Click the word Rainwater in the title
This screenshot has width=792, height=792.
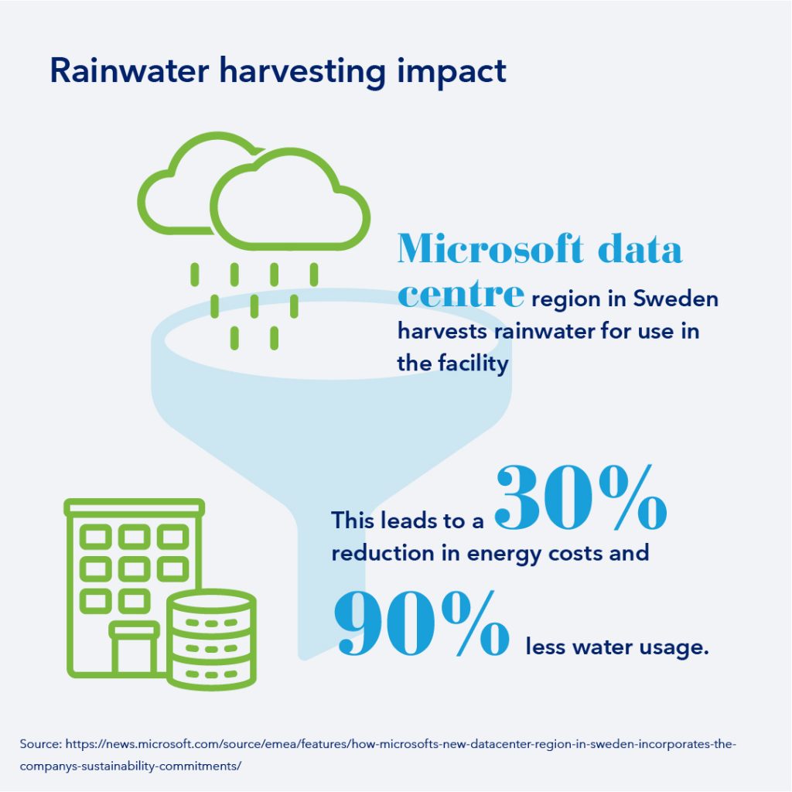(x=129, y=70)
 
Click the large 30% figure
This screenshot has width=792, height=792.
(x=581, y=497)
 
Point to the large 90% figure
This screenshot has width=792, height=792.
(x=422, y=623)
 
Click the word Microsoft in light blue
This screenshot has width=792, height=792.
(x=490, y=248)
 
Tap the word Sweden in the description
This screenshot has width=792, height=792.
(x=675, y=299)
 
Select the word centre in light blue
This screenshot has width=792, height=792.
(x=461, y=293)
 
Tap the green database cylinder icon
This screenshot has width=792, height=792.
(x=212, y=639)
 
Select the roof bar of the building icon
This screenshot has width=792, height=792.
(x=135, y=507)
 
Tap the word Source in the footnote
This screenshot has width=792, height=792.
(x=40, y=744)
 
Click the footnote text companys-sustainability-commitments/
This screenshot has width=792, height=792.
(x=130, y=766)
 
